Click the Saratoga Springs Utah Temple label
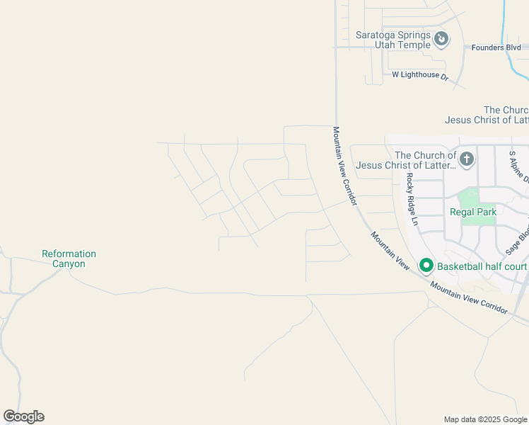(x=383, y=40)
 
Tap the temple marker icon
(x=441, y=38)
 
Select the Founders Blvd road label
(x=504, y=47)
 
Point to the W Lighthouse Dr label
(x=420, y=75)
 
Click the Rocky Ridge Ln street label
(x=412, y=199)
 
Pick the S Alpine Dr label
(x=519, y=165)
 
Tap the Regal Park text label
(x=473, y=212)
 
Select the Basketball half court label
(x=482, y=266)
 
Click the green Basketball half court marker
(x=426, y=266)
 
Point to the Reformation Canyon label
(x=69, y=259)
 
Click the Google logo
(x=24, y=416)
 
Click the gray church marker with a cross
(x=466, y=159)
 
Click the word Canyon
(x=69, y=264)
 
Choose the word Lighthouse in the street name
(x=422, y=75)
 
